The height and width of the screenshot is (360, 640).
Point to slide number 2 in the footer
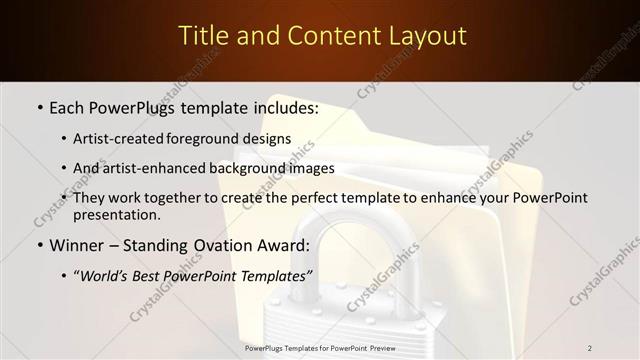pyautogui.click(x=590, y=348)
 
